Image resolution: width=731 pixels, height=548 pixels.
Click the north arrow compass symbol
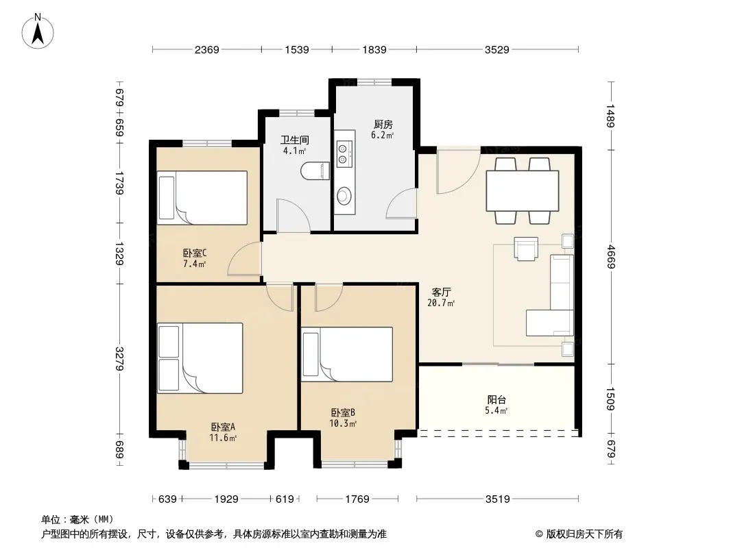click(38, 32)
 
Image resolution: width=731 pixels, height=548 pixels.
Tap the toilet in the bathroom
click(315, 171)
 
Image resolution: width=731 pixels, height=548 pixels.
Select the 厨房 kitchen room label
click(383, 124)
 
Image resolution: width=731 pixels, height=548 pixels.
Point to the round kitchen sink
click(344, 195)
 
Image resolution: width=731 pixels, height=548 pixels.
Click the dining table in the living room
click(522, 191)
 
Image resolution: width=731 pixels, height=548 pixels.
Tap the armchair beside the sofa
click(526, 249)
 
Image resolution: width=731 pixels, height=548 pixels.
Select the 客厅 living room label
click(441, 292)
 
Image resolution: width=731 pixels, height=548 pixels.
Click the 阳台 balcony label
click(496, 399)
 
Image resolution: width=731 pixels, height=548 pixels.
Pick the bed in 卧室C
click(202, 198)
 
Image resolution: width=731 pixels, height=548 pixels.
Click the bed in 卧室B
click(347, 354)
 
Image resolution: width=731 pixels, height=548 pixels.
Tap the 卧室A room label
click(223, 427)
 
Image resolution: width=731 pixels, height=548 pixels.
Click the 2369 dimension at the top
click(206, 49)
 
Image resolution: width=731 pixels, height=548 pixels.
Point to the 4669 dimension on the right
click(611, 257)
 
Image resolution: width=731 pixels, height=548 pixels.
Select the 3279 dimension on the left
click(119, 359)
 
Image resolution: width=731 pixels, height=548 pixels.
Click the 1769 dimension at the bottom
click(357, 499)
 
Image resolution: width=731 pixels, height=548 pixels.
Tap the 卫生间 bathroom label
click(295, 140)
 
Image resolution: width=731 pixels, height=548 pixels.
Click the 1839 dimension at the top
click(374, 49)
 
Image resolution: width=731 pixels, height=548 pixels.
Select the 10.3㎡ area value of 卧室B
click(343, 424)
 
